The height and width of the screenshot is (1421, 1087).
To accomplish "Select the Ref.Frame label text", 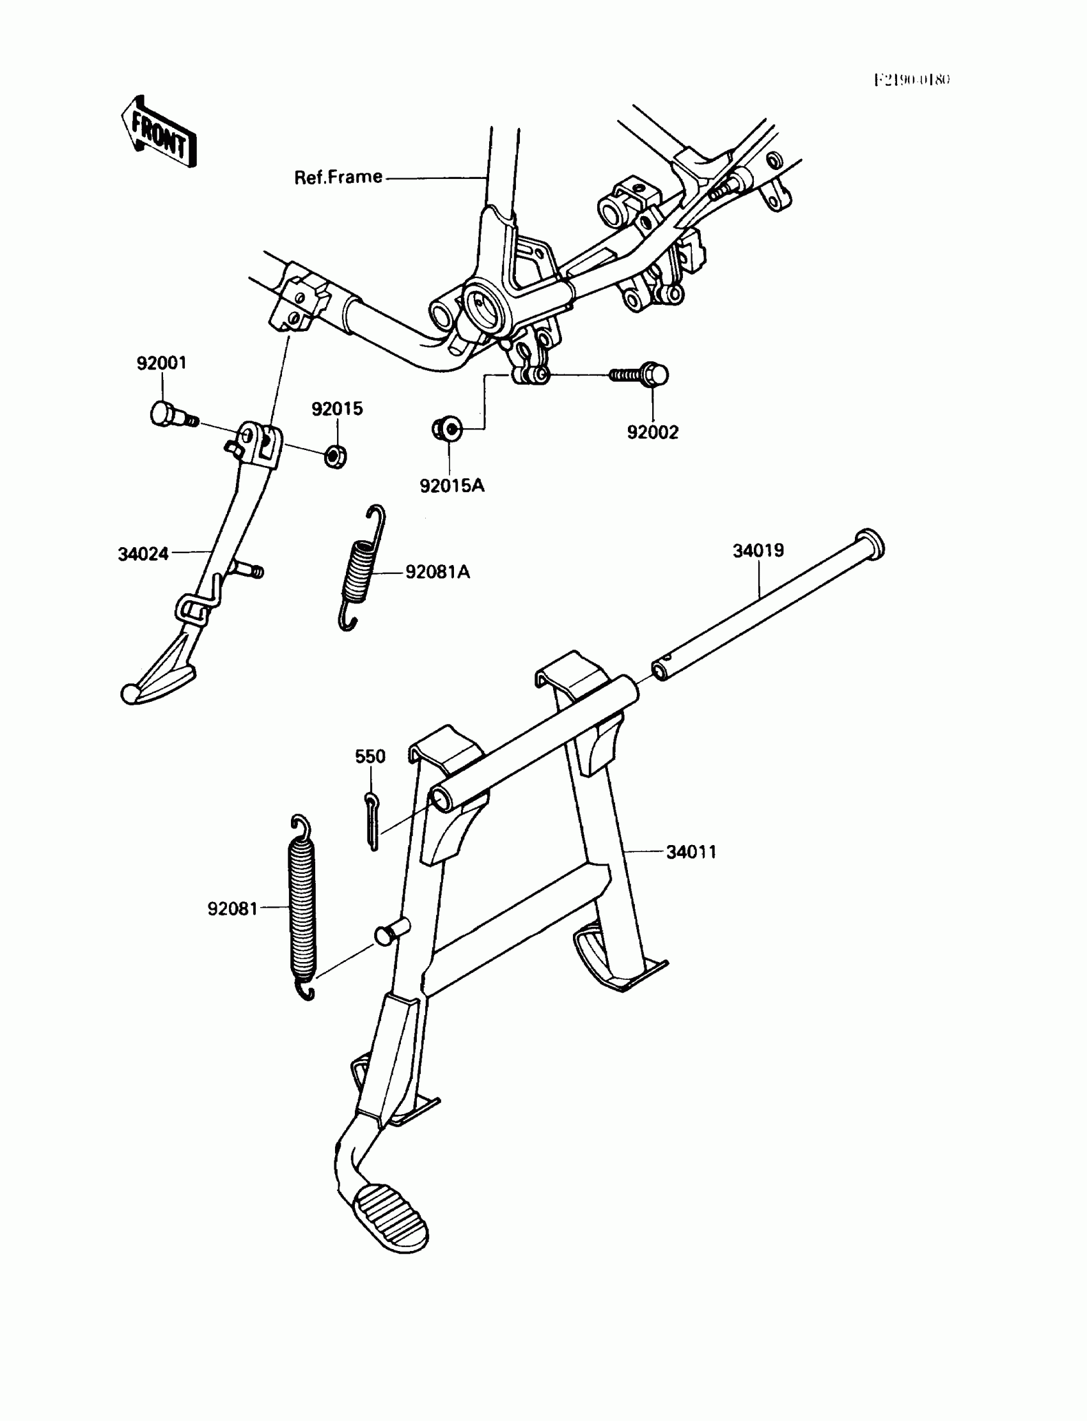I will tap(338, 177).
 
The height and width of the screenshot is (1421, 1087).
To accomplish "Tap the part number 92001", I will tap(161, 363).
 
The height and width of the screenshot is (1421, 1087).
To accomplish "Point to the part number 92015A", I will tap(451, 486).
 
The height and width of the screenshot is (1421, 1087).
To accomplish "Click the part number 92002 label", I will tap(652, 432).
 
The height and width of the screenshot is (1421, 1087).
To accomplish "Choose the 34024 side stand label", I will tap(143, 554).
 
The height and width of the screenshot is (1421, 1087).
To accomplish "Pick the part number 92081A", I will tap(437, 571).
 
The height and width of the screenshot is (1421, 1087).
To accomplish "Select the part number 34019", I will tap(758, 550).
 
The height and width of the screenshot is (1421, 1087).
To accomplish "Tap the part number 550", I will tap(370, 756).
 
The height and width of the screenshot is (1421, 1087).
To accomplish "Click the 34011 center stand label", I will tap(691, 852).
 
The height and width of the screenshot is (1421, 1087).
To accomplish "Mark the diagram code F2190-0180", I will tap(912, 80).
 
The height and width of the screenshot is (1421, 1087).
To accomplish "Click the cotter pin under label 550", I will tap(371, 821).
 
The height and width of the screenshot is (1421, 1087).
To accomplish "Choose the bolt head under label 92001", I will tap(162, 413).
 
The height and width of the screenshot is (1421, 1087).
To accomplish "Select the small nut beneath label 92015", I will tap(335, 456).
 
